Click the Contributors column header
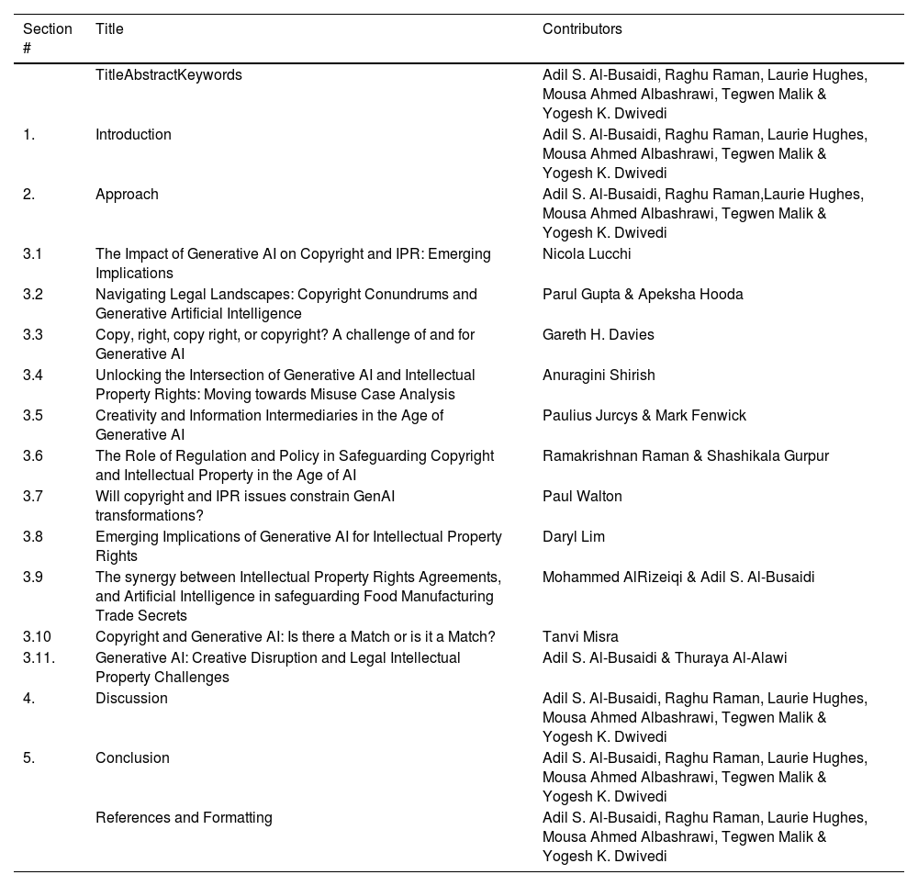point(582,29)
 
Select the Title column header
point(109,29)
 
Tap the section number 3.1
point(33,254)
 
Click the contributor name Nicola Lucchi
point(587,254)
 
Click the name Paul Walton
point(582,497)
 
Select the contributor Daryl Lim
point(574,537)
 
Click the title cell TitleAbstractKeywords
point(169,75)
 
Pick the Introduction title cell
point(133,135)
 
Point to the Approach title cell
point(127,195)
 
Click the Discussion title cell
point(131,699)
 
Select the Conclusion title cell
point(132,758)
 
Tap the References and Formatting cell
point(184,818)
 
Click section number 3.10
point(37,637)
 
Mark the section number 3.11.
point(39,658)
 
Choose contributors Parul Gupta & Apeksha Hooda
point(643,295)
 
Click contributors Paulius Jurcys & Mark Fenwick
point(644,416)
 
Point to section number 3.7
point(33,497)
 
